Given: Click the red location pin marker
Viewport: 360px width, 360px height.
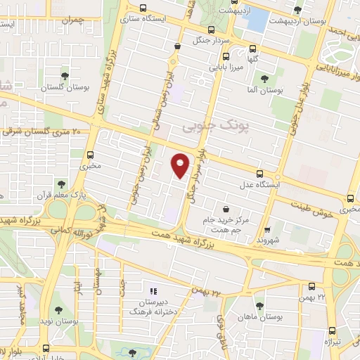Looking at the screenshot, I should [181, 165].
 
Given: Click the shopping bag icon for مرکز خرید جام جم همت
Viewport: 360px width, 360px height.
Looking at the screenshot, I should [226, 208].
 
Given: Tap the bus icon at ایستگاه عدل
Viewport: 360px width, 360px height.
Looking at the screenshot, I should [259, 174].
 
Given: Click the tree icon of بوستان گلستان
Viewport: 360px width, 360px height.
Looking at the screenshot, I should [65, 75].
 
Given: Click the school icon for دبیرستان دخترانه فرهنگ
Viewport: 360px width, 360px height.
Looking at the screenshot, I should [153, 290].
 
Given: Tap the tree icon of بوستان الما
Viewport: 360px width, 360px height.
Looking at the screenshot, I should [264, 79].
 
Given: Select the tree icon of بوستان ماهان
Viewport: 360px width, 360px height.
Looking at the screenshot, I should [260, 305].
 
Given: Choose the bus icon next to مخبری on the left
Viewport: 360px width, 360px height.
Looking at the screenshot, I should [89, 155].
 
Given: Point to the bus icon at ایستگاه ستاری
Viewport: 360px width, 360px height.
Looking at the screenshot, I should [144, 9].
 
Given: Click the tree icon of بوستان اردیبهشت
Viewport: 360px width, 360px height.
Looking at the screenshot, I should [297, 9].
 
